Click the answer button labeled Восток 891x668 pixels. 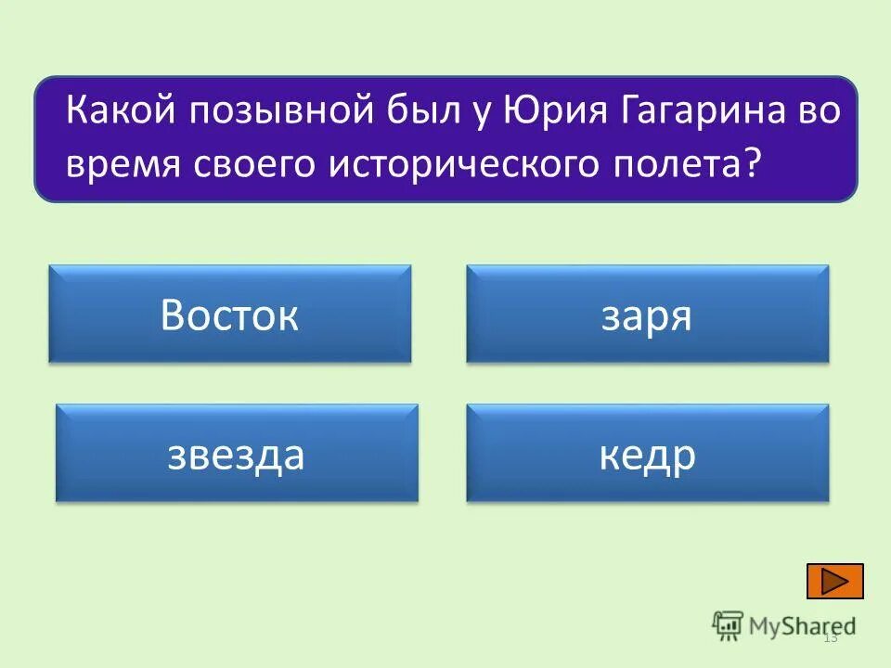click(229, 315)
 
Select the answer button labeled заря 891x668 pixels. click(647, 315)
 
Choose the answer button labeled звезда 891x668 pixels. click(237, 454)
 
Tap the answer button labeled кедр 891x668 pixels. click(647, 454)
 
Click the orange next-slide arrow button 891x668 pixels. click(834, 581)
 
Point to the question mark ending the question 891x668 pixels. click(752, 163)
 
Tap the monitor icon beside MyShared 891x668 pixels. click(728, 626)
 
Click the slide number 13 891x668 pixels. click(830, 637)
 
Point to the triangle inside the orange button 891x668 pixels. click(835, 581)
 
